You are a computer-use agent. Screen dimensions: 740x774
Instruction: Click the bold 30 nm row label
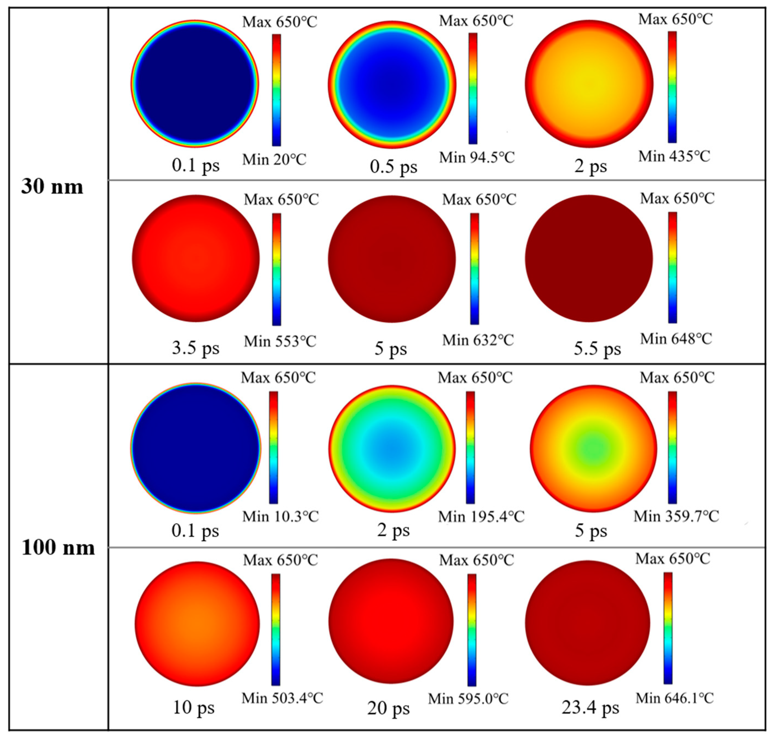point(52,187)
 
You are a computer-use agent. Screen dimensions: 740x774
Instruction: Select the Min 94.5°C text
point(477,158)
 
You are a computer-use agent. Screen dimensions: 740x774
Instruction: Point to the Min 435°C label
point(674,157)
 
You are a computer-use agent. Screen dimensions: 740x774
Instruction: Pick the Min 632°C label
point(478,340)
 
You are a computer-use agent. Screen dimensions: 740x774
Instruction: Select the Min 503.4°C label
point(282,698)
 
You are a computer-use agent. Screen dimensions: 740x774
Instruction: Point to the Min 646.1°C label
point(675,698)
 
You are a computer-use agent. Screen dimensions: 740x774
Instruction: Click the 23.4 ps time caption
point(590,708)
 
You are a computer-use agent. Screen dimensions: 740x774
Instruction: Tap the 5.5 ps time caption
point(597,349)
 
